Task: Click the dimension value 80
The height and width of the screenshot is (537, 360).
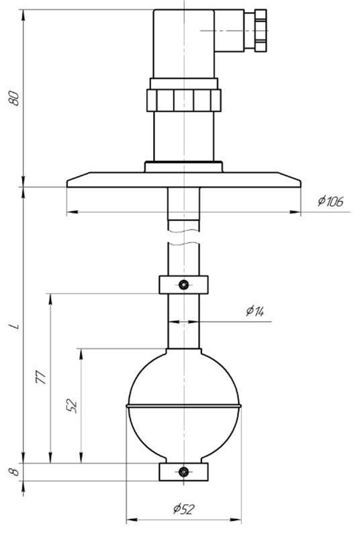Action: point(14,98)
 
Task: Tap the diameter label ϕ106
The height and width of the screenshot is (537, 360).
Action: point(330,201)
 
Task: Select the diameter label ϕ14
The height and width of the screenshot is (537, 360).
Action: point(255,311)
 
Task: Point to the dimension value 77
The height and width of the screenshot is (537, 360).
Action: point(41,377)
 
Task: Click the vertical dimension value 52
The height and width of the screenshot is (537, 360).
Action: point(72,405)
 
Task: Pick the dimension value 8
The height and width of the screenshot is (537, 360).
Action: point(14,472)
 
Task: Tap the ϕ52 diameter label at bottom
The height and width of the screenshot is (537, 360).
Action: point(184,509)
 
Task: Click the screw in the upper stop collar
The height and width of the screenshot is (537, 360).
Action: point(184,285)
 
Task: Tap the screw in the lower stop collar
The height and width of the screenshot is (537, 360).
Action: point(184,472)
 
